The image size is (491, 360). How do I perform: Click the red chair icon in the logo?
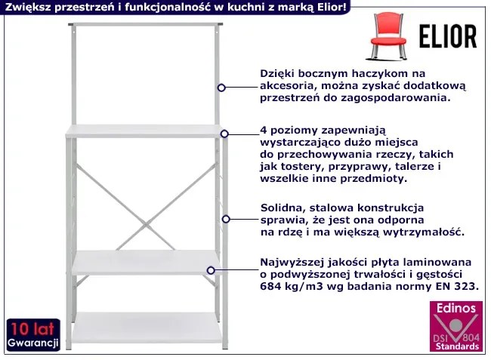(388, 36)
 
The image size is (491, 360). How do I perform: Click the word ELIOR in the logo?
(448, 36)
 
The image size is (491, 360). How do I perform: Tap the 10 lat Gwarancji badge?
(33, 335)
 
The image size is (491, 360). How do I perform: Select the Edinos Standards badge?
(456, 326)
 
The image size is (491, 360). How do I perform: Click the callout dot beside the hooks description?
(221, 88)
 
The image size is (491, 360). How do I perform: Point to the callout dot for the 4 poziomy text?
(224, 134)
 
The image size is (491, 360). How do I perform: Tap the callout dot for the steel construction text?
(226, 220)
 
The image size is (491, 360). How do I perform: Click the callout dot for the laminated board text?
(211, 270)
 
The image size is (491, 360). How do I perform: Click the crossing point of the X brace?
(146, 224)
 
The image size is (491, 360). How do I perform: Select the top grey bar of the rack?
(146, 24)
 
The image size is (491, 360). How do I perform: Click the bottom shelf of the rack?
(147, 328)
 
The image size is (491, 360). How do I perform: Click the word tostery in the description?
(300, 167)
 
